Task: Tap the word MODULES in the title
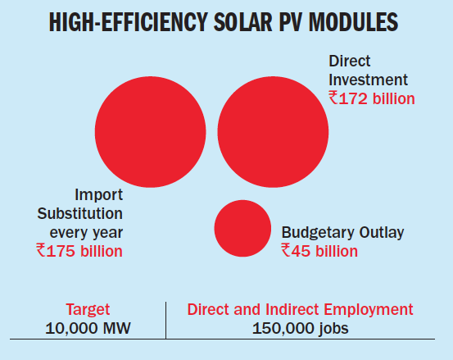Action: [x=353, y=22]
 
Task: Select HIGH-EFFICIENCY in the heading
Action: [x=129, y=22]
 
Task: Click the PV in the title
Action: [x=291, y=22]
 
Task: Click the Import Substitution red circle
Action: [x=150, y=132]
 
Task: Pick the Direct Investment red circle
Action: [x=273, y=132]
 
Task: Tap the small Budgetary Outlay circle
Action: [x=242, y=229]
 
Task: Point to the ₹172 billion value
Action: [x=372, y=98]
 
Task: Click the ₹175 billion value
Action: [x=79, y=251]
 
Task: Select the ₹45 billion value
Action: [x=319, y=251]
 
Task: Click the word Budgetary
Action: [x=318, y=233]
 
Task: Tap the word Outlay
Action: [x=382, y=233]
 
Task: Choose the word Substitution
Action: [x=80, y=214]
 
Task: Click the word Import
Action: [x=99, y=195]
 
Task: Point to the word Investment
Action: [x=368, y=80]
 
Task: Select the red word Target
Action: [x=88, y=310]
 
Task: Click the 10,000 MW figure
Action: [x=88, y=328]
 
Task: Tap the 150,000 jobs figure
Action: [x=300, y=329]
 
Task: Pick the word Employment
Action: [x=369, y=310]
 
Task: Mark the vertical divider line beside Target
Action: [x=165, y=321]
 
